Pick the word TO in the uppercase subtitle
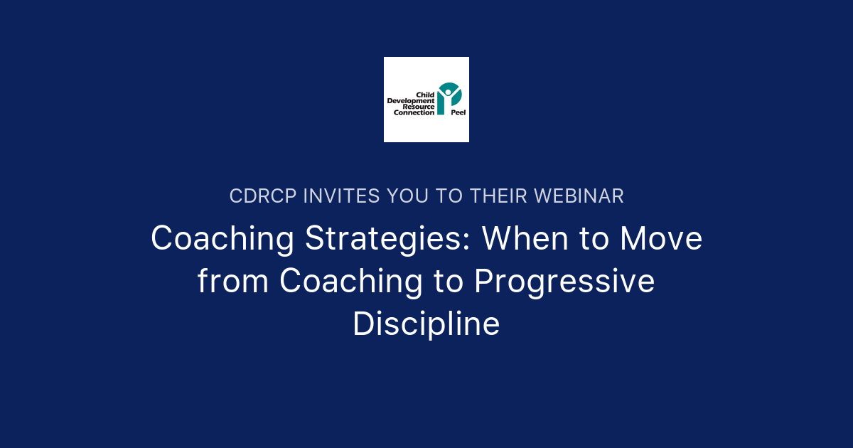[x=449, y=196]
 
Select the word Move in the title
[x=661, y=239]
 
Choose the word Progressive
[x=564, y=281]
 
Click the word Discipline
[x=426, y=324]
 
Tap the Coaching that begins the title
[x=222, y=239]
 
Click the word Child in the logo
[x=425, y=95]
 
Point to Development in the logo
[x=411, y=101]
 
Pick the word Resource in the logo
[x=419, y=107]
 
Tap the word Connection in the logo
[x=411, y=112]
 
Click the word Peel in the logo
[x=458, y=112]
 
